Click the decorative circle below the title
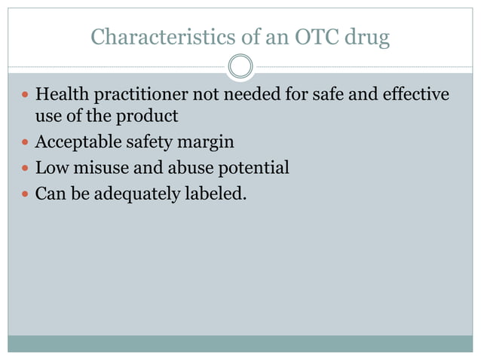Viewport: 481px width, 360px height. click(x=240, y=66)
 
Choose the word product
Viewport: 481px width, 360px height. click(x=149, y=117)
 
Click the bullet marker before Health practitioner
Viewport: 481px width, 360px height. click(x=24, y=96)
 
